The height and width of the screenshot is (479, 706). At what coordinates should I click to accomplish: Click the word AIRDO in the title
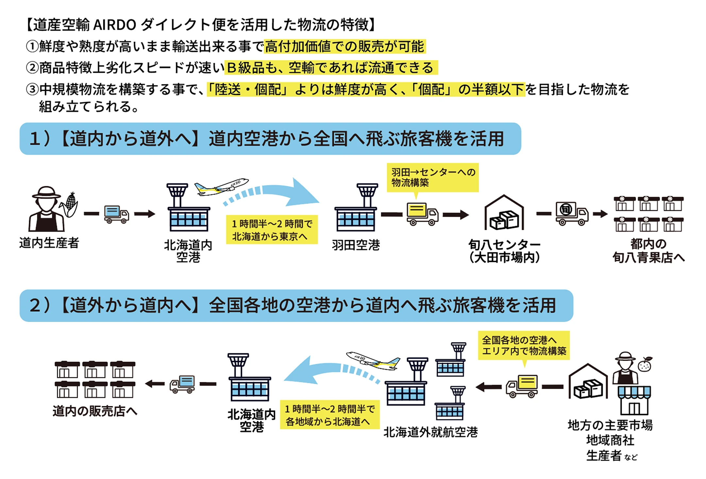click(x=114, y=25)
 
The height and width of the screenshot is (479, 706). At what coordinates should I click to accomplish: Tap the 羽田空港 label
click(x=356, y=245)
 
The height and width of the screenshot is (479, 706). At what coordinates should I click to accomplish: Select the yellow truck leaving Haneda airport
click(x=422, y=214)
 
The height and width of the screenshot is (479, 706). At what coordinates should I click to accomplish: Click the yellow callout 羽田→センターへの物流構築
click(x=432, y=177)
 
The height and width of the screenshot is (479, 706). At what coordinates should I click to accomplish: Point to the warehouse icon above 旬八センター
click(x=504, y=213)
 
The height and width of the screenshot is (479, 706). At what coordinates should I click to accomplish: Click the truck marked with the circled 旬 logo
click(x=572, y=213)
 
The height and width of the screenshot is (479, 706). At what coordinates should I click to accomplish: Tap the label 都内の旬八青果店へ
click(x=648, y=251)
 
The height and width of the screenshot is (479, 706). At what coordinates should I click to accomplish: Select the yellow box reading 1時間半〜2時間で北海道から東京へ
click(x=272, y=230)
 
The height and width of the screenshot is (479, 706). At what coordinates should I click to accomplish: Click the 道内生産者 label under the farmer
click(x=49, y=243)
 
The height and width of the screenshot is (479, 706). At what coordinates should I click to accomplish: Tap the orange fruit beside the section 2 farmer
click(x=645, y=364)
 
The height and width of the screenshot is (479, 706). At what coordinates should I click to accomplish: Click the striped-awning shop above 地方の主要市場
click(x=634, y=400)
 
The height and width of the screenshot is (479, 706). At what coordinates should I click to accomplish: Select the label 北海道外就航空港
click(x=430, y=432)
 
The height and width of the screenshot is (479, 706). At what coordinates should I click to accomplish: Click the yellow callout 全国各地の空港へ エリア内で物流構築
click(x=524, y=346)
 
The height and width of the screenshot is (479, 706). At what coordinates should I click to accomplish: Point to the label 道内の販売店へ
click(x=95, y=411)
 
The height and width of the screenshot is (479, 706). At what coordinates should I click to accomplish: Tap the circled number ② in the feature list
click(x=32, y=68)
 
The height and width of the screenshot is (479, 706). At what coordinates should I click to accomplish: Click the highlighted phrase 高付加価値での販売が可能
click(x=345, y=46)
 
